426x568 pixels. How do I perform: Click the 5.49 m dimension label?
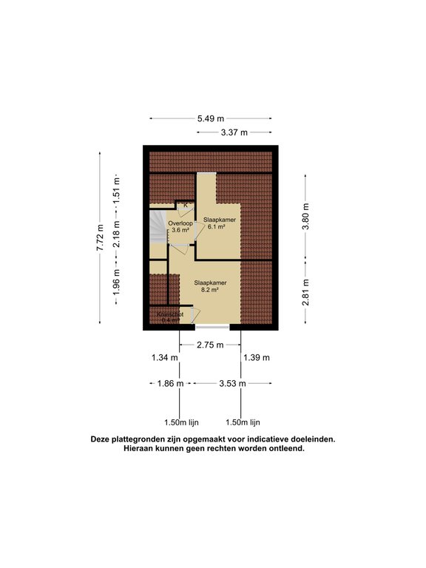211,118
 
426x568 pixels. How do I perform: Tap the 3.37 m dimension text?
234,132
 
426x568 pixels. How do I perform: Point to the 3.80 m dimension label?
305,217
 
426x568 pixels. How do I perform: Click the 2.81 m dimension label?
305,294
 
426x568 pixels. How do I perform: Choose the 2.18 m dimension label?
116,233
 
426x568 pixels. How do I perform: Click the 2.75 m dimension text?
211,345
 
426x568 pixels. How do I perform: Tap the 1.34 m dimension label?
164,358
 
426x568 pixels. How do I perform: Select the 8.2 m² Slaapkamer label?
210,286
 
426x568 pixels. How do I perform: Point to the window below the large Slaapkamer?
212,327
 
